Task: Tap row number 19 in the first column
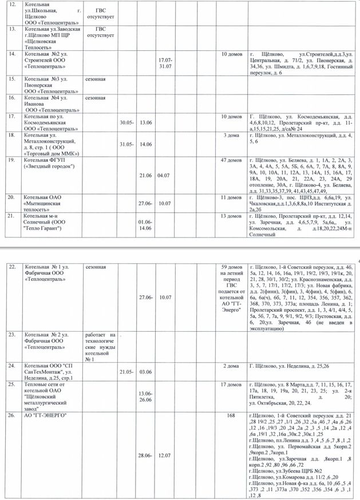(11, 161)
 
